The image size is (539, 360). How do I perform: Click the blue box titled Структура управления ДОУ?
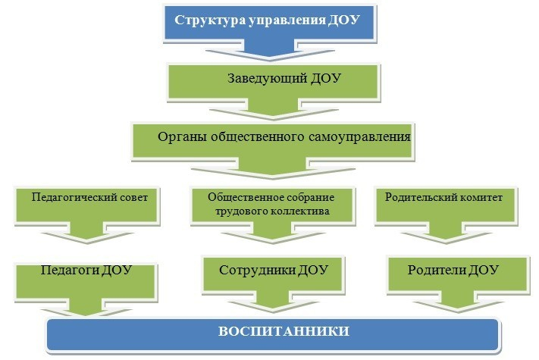point(268,20)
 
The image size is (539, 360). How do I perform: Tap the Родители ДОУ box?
point(453,271)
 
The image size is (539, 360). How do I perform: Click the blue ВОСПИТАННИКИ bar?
point(273,333)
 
